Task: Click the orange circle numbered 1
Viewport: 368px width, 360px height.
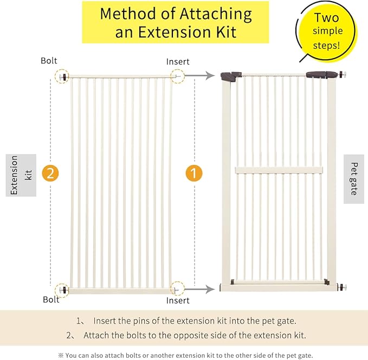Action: [x=193, y=173]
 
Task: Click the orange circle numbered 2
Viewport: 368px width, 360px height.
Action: [x=50, y=173]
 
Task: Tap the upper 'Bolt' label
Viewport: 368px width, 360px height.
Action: [x=49, y=61]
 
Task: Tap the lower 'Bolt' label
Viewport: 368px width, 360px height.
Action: [x=51, y=299]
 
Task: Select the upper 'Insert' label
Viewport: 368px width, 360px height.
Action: [x=178, y=62]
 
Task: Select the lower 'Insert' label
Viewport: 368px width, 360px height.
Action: [x=178, y=300]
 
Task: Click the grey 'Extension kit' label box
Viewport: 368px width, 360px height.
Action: [x=21, y=175]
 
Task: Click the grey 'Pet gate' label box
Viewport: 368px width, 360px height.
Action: [x=354, y=179]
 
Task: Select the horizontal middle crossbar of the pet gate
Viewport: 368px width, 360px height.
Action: [x=279, y=170]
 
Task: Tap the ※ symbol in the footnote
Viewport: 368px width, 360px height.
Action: [x=61, y=355]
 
